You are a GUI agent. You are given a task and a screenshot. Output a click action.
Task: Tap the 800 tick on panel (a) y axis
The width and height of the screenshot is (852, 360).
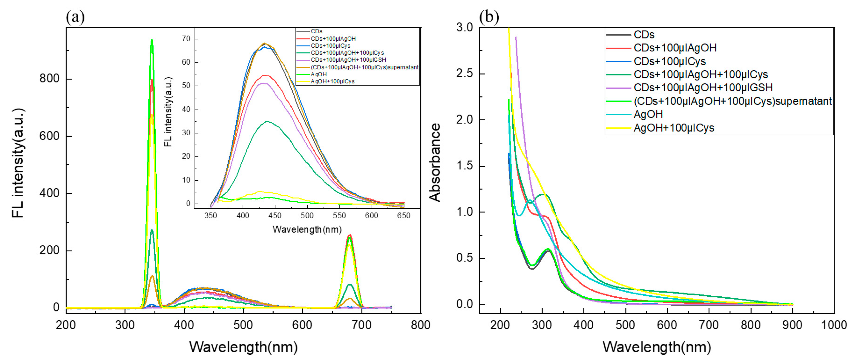pyautogui.click(x=49, y=79)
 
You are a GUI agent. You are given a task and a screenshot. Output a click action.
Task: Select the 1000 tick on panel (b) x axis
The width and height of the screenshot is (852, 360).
pyautogui.click(x=834, y=325)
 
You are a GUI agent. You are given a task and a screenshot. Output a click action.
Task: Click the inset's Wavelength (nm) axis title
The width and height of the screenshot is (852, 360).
pyautogui.click(x=307, y=229)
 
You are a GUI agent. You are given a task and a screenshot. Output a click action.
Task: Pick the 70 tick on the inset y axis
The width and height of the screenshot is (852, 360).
pyautogui.click(x=186, y=39)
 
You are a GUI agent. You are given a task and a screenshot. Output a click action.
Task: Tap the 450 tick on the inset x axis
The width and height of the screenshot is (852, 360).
pyautogui.click(x=275, y=216)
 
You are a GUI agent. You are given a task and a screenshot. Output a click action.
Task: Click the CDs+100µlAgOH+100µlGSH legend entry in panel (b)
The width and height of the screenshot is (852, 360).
pyautogui.click(x=703, y=88)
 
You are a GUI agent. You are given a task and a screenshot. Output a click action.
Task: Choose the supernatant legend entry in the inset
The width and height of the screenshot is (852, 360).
pyautogui.click(x=364, y=67)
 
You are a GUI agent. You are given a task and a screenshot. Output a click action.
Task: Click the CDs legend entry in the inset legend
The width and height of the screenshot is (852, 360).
pyautogui.click(x=316, y=31)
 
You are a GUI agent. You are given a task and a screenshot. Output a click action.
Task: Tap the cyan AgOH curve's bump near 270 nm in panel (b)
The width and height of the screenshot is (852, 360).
pyautogui.click(x=530, y=200)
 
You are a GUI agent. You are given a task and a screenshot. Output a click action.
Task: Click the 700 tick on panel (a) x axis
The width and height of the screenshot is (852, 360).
pyautogui.click(x=362, y=325)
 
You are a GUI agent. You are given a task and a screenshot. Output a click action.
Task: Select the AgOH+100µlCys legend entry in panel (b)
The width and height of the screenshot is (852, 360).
pyautogui.click(x=674, y=128)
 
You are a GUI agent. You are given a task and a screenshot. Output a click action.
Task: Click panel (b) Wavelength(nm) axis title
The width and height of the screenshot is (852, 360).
pyautogui.click(x=656, y=347)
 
